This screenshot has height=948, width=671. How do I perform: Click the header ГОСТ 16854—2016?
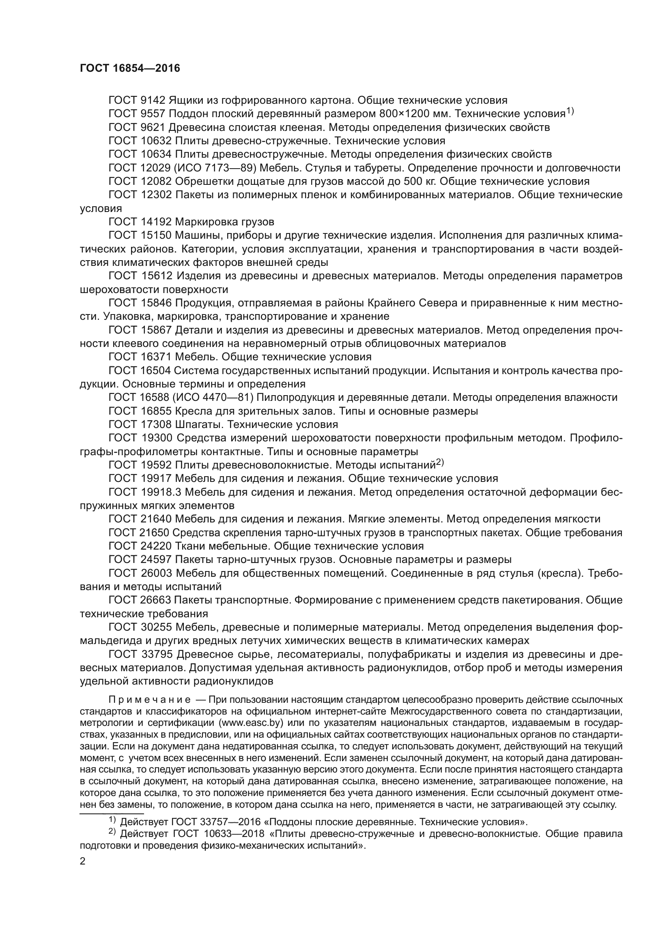pyautogui.click(x=130, y=68)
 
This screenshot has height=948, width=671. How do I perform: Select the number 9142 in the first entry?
pyautogui.click(x=153, y=101)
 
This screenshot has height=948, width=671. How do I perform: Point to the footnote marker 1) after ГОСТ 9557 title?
pyautogui.click(x=570, y=111)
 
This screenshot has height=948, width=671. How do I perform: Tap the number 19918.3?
pyautogui.click(x=161, y=492)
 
